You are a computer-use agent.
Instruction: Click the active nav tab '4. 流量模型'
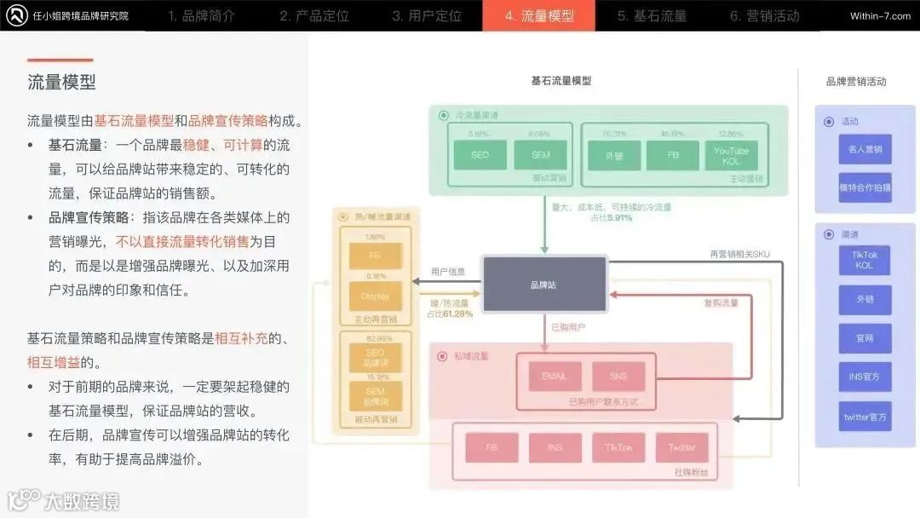click(538, 15)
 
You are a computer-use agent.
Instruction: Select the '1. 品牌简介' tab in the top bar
click(201, 15)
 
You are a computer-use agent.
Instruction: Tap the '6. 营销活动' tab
click(764, 15)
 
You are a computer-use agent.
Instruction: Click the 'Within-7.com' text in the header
click(880, 16)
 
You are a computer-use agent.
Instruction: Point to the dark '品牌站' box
click(545, 284)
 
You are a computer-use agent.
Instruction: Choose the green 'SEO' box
click(480, 155)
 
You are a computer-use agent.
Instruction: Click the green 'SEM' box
click(540, 155)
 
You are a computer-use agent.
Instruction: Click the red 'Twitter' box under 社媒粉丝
click(681, 447)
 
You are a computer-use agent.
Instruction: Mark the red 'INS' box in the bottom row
click(555, 447)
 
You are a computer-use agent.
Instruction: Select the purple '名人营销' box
click(865, 149)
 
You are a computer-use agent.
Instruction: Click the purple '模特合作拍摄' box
click(865, 187)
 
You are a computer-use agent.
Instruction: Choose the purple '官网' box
click(865, 338)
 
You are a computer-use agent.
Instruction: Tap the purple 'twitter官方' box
click(865, 417)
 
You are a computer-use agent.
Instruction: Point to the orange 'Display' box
click(375, 296)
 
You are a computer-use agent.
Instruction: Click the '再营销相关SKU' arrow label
click(739, 254)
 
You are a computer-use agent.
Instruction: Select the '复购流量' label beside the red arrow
click(721, 302)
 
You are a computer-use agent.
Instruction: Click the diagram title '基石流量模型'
click(561, 81)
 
